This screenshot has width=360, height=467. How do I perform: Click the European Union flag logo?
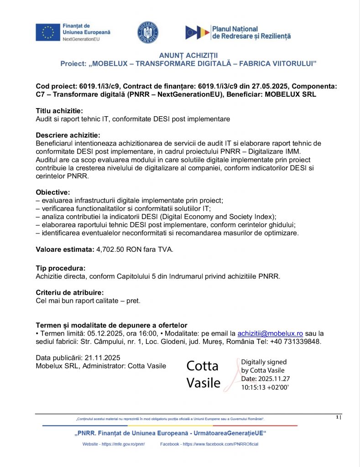[47, 32]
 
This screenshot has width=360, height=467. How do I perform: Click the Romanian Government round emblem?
[148, 32]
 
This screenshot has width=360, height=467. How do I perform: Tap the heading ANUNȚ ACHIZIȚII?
[188, 56]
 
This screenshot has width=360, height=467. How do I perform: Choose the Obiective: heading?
[53, 192]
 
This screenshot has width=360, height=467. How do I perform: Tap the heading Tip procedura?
[60, 268]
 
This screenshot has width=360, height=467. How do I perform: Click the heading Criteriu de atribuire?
[69, 292]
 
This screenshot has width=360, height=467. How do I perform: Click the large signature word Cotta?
[203, 366]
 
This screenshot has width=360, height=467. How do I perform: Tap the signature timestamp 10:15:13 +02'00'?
[265, 387]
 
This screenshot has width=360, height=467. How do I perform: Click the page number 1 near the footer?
[337, 417]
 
